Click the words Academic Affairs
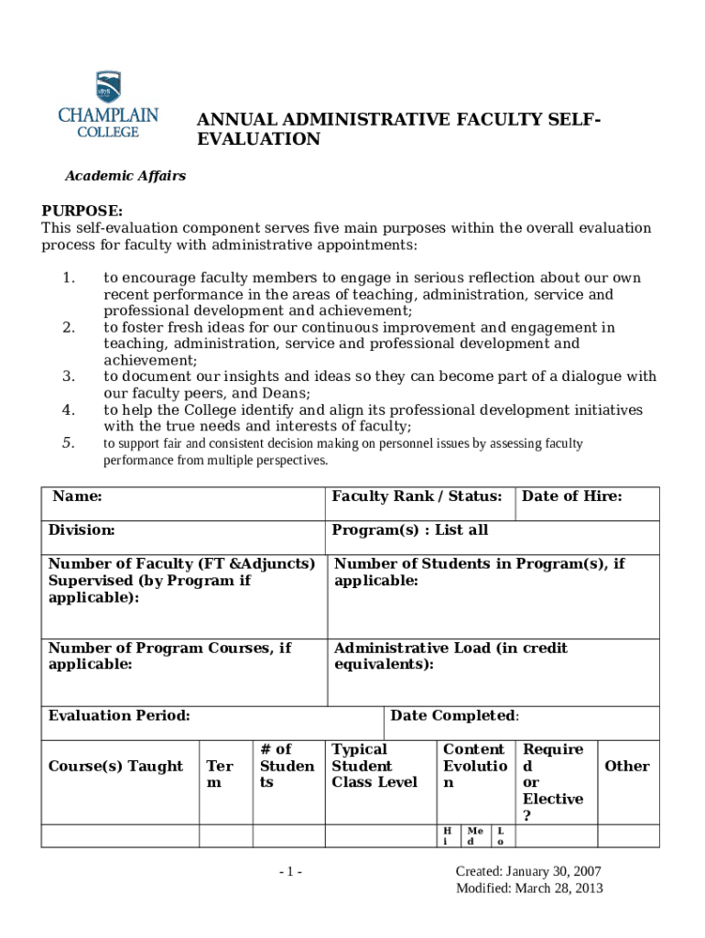(124, 176)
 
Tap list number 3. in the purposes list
(68, 376)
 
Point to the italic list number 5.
(68, 443)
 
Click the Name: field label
(77, 496)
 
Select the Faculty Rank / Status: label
(416, 496)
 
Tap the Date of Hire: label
(571, 496)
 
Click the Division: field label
(81, 530)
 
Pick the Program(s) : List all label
(409, 530)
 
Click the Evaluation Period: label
(119, 715)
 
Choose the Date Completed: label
(454, 715)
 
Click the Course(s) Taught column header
(115, 766)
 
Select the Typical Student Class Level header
(374, 766)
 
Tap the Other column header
(626, 766)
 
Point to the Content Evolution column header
(473, 766)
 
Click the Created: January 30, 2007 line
(528, 872)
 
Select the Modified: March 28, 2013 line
(529, 889)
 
